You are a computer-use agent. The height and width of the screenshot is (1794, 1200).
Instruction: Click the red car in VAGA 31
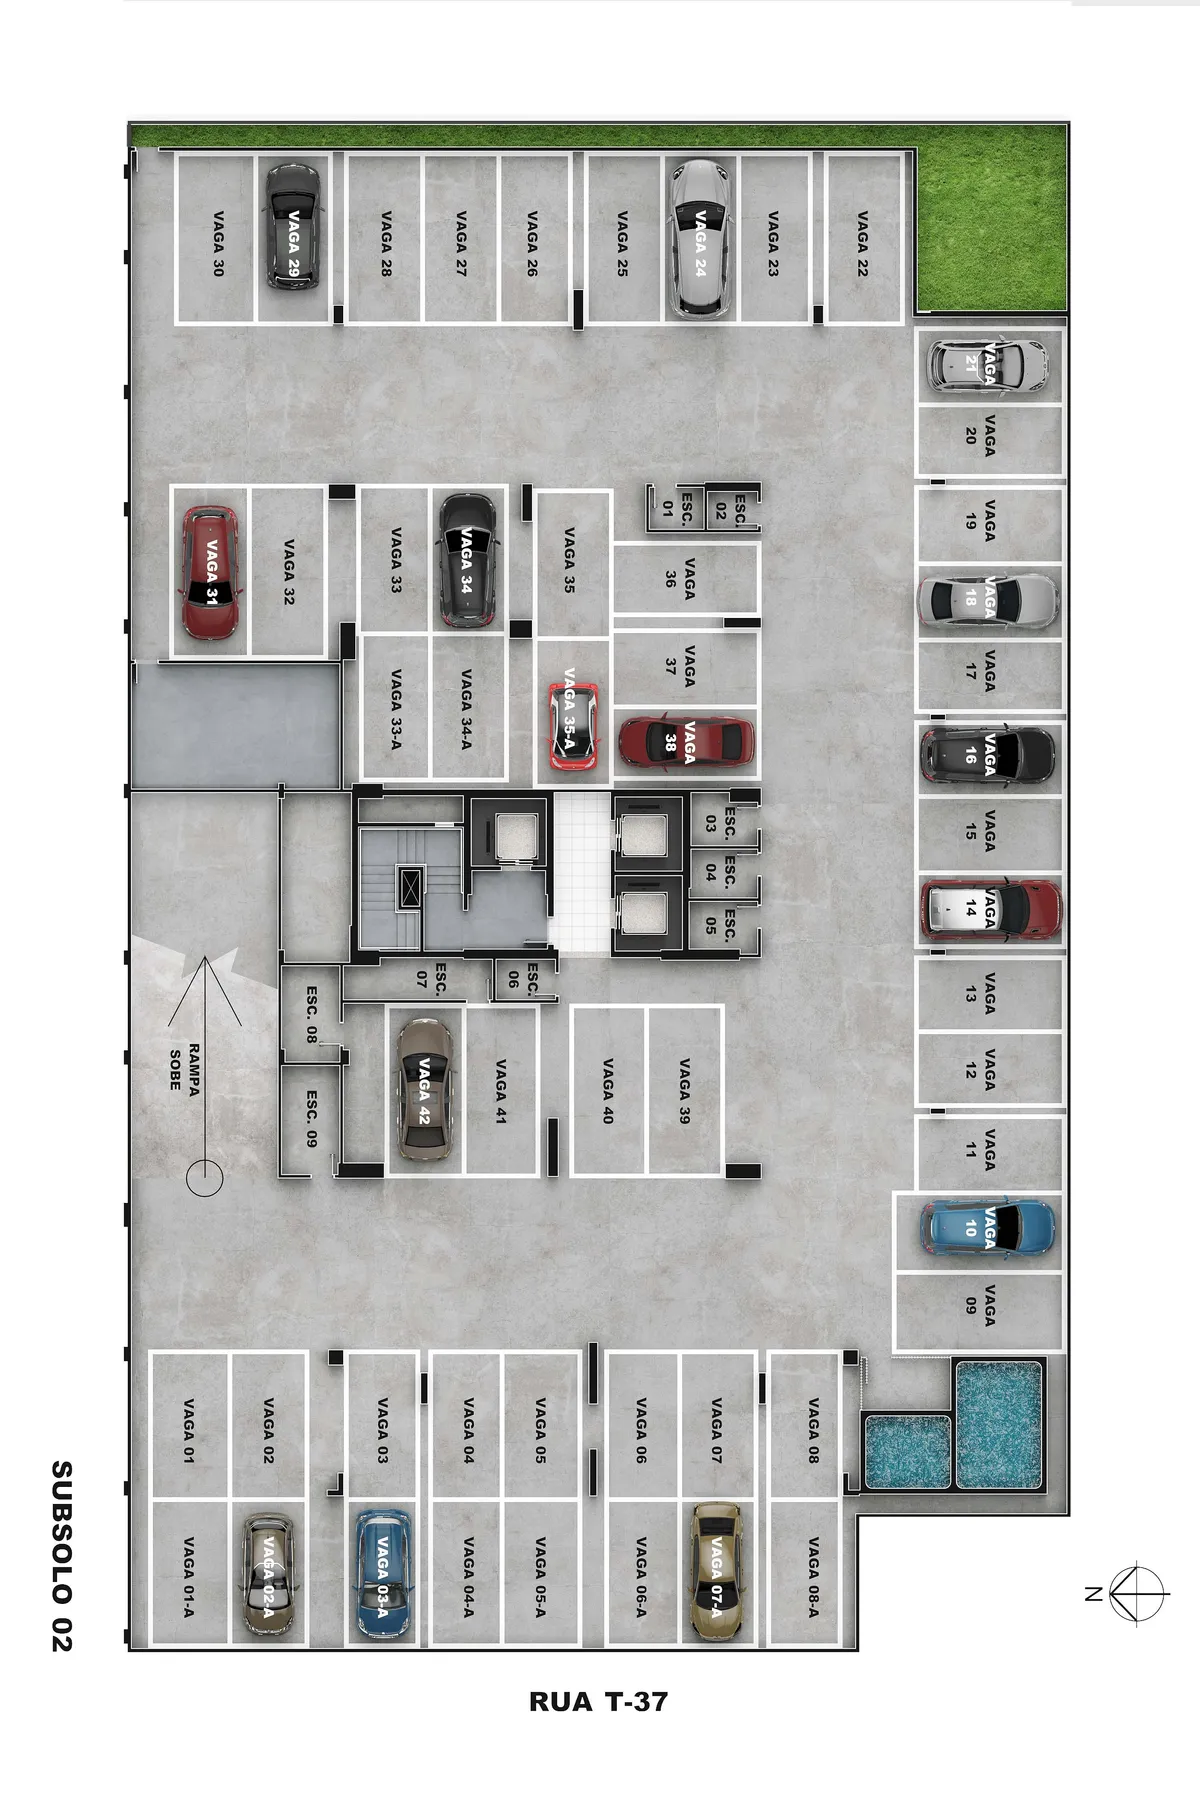pyautogui.click(x=211, y=572)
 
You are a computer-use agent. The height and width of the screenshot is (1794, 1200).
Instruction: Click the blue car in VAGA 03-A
pyautogui.click(x=383, y=1573)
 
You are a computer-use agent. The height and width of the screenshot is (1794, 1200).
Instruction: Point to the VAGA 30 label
pyautogui.click(x=218, y=243)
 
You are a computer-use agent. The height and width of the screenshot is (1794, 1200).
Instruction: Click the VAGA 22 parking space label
pyautogui.click(x=862, y=243)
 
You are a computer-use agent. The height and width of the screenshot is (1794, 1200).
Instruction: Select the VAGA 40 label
pyautogui.click(x=607, y=1091)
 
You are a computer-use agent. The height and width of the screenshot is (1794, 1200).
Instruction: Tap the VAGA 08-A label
pyautogui.click(x=813, y=1577)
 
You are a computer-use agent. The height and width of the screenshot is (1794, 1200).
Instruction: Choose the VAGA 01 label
pyautogui.click(x=188, y=1431)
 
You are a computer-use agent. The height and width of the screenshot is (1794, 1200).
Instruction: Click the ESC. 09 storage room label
pyautogui.click(x=311, y=1119)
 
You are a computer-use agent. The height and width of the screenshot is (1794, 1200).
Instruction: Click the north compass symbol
pyautogui.click(x=1138, y=1593)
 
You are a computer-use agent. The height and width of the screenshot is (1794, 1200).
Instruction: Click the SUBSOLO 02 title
pyautogui.click(x=62, y=1556)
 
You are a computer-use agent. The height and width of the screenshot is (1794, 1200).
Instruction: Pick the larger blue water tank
pyautogui.click(x=999, y=1424)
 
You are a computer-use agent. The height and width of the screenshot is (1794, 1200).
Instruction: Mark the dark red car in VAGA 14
pyautogui.click(x=990, y=910)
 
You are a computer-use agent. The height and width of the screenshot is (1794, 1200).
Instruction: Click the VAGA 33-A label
pyautogui.click(x=396, y=709)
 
